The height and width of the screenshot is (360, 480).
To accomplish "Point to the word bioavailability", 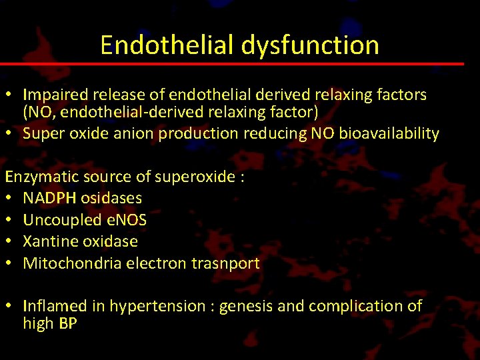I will (389, 133).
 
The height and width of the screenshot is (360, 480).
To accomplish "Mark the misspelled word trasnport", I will (226, 263).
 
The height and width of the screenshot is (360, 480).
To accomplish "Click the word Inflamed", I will (55, 306).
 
